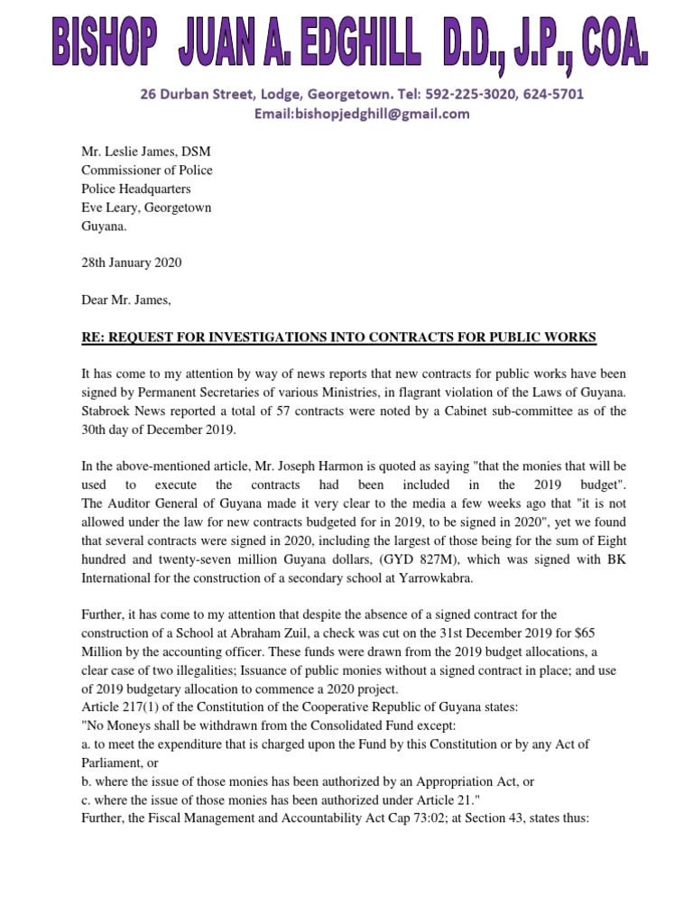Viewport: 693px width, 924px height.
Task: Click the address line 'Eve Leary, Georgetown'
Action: click(146, 208)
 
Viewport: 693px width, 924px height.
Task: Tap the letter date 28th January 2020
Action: click(132, 263)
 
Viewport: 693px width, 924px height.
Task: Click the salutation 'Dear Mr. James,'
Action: click(125, 300)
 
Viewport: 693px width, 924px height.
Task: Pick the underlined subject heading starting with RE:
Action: click(338, 337)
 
